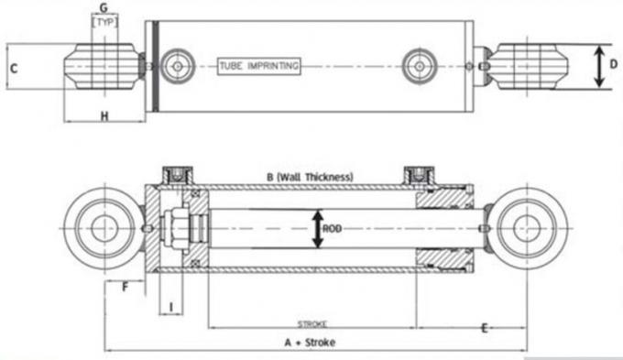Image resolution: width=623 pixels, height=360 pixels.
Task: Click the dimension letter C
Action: [14, 68]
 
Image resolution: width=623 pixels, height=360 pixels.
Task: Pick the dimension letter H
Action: [104, 115]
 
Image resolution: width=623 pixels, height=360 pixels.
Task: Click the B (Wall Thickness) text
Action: [311, 176]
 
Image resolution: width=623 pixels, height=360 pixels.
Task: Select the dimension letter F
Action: [125, 287]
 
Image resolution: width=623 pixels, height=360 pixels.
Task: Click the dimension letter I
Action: [171, 306]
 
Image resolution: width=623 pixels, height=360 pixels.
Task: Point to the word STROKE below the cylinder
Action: [312, 323]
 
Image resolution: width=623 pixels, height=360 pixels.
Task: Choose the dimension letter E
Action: [484, 327]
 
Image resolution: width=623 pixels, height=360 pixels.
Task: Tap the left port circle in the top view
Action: [175, 65]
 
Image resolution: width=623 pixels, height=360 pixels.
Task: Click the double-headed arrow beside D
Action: [598, 66]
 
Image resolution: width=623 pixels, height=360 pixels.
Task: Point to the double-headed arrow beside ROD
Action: [317, 229]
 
